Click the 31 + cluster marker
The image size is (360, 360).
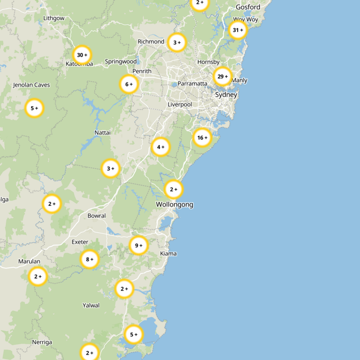coord(238,30)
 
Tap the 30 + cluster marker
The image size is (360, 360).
coord(82,55)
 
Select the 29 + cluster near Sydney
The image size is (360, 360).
coord(222,76)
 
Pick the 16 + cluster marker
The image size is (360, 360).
coord(202,138)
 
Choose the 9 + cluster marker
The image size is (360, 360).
coord(138,245)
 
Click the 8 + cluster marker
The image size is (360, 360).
coord(89,259)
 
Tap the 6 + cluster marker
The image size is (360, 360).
coord(129,84)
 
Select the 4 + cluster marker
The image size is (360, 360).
coord(160,147)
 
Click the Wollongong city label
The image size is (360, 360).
coord(175,204)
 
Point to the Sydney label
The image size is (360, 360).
coord(226,95)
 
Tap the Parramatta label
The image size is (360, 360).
coord(192,84)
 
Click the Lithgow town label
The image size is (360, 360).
coord(54,18)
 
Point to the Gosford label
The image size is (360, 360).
coord(248,7)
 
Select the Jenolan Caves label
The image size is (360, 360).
coord(31,85)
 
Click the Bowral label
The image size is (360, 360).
coord(97,216)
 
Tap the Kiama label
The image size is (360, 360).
coord(168,254)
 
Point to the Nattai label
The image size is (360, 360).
coord(103,133)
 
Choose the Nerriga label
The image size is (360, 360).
coord(42,342)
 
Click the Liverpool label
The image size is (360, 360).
coord(180,104)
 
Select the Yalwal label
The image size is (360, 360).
coord(91,306)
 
